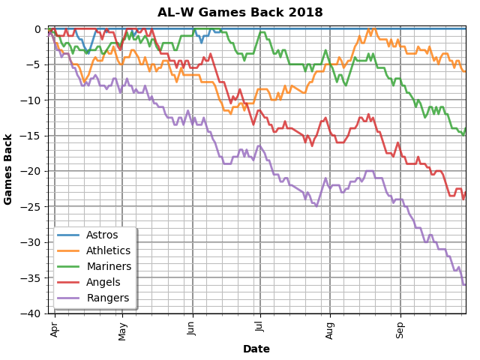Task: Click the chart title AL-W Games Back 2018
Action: (x=240, y=13)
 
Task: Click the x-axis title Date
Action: (x=256, y=349)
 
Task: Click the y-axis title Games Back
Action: (x=8, y=169)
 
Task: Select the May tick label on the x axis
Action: (x=122, y=330)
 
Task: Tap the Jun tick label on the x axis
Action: (x=193, y=328)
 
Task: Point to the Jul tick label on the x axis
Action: (x=260, y=327)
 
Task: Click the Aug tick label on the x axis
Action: (x=330, y=329)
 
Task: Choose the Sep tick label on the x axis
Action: (x=400, y=329)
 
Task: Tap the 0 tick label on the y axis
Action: (x=37, y=29)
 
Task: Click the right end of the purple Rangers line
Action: (x=465, y=285)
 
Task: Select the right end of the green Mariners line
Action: (x=465, y=129)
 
